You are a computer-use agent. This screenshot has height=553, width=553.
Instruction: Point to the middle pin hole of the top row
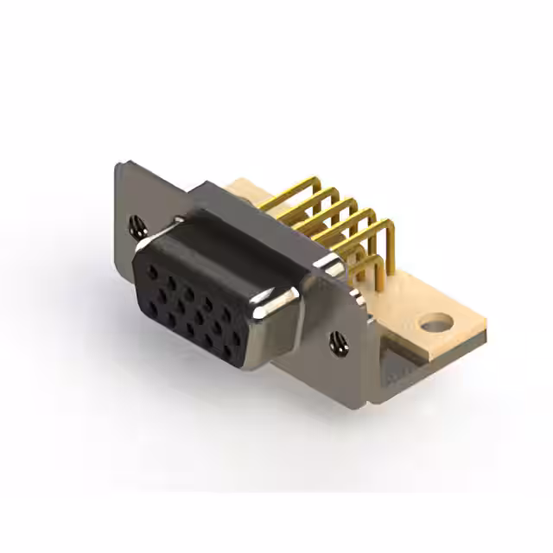[189, 293]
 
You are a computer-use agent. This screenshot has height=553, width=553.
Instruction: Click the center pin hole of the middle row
[200, 316]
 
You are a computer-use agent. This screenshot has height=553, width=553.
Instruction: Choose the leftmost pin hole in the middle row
[162, 296]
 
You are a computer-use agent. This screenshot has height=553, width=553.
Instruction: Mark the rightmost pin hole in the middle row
[236, 337]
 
